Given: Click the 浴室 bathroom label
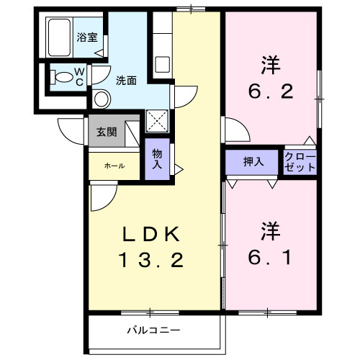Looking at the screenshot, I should tap(87, 37).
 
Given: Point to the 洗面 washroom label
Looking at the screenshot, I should tap(126, 81).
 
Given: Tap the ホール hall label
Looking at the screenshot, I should tap(114, 166).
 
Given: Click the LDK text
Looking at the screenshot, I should tap(151, 234).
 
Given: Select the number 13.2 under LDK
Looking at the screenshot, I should tap(151, 259).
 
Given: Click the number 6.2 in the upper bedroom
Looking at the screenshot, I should tap(270, 92).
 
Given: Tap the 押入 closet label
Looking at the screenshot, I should tap(253, 162).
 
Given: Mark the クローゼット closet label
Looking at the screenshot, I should tap(300, 162).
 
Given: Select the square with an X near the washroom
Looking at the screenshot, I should tap(156, 120).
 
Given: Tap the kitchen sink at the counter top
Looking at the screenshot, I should tap(161, 65).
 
